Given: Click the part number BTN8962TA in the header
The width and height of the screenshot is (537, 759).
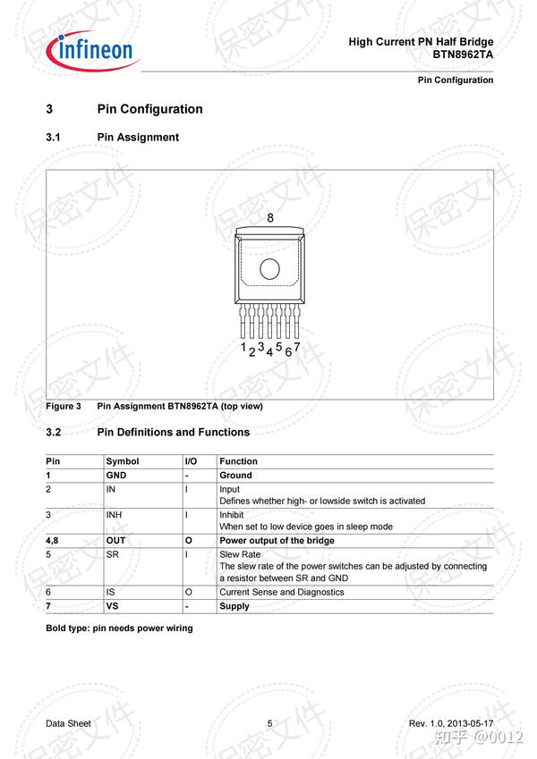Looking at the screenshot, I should click(x=463, y=55).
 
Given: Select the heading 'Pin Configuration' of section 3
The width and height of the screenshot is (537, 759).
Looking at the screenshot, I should click(x=149, y=109).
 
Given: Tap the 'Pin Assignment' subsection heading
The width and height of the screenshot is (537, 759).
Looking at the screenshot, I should click(x=138, y=138).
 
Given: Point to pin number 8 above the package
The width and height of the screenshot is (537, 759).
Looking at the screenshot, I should click(x=270, y=218).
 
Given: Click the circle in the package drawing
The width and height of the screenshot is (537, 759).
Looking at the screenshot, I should click(x=269, y=268).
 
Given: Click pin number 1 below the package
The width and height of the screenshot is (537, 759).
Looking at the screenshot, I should click(x=243, y=346).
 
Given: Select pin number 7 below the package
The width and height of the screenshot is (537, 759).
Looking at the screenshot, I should click(x=297, y=347).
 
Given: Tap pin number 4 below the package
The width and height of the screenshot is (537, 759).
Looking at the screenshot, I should click(x=269, y=352).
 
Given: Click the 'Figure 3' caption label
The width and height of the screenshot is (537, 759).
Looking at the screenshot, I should click(x=64, y=406).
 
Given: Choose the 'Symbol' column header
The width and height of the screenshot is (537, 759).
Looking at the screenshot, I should click(x=123, y=461).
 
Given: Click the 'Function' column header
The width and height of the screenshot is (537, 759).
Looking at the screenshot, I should click(x=238, y=461).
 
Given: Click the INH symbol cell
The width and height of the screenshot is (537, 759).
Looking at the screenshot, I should click(x=114, y=515).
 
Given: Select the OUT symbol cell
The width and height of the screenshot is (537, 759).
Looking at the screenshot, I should click(x=116, y=541).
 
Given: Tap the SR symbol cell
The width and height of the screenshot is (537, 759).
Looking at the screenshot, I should click(x=112, y=554).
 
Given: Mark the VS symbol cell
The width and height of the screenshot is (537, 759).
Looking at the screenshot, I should click(x=113, y=606).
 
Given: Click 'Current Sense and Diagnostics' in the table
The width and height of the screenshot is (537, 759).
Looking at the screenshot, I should click(x=281, y=592).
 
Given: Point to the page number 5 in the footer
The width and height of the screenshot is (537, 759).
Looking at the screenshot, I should click(x=269, y=722).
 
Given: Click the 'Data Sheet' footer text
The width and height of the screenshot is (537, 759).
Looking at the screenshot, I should click(x=68, y=722).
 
